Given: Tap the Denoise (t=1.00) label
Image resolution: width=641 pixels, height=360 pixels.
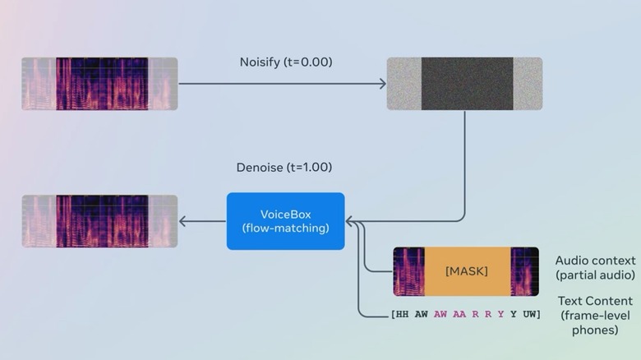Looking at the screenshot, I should coord(284,167).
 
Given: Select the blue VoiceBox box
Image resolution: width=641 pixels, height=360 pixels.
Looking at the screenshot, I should coord(285,220).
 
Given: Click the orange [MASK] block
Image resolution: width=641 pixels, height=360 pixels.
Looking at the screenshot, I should coord(466,270).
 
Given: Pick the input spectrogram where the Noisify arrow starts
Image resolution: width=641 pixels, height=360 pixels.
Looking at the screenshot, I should coord(99,84).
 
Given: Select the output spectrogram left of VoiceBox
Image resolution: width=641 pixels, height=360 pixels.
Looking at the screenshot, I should coord(99,221).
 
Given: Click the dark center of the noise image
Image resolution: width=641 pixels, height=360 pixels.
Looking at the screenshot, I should coord(468,84).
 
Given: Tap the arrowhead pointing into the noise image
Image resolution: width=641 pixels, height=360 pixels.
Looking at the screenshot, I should coord(382,84).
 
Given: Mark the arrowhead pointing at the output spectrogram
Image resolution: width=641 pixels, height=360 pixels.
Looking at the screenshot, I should coord(183,221).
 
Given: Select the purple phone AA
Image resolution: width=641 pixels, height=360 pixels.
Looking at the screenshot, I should coord(458,315).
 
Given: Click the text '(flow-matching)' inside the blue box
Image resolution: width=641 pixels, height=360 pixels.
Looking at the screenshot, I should coord(285,228).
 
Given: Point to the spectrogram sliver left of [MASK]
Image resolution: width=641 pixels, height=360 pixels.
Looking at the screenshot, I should coord(408,271).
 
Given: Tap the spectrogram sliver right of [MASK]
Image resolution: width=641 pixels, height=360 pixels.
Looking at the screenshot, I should coord(524,271).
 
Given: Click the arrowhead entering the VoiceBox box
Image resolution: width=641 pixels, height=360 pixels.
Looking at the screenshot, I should coord(349,221).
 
